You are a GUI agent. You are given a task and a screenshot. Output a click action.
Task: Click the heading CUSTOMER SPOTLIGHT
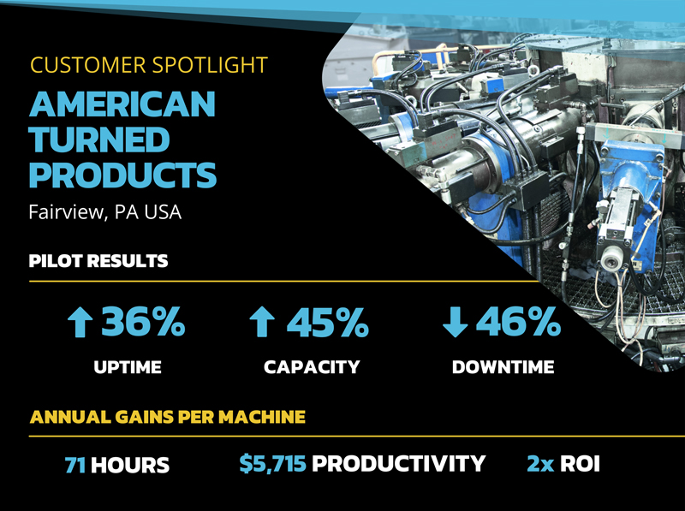coord(148,64)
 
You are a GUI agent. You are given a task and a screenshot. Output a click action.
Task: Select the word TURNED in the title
coord(99,140)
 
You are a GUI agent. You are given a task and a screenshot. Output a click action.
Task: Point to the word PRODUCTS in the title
coord(122,175)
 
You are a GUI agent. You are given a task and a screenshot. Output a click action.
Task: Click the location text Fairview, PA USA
coord(105,211)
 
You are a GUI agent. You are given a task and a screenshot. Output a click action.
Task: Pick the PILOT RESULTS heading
coord(98,260)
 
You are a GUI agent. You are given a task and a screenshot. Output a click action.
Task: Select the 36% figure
coord(143,323)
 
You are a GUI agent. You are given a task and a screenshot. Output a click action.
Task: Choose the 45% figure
coord(328,323)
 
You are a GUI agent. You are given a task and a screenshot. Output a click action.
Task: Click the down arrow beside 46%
coord(453,323)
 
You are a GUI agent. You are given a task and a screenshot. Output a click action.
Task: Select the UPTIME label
coord(127,368)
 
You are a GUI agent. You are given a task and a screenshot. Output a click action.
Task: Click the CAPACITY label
coord(312,368)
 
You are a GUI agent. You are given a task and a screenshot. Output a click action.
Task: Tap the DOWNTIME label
coord(503,368)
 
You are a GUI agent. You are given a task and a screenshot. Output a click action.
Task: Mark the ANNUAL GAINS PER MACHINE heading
coord(167,418)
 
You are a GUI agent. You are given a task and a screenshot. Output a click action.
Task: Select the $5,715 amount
coord(272,464)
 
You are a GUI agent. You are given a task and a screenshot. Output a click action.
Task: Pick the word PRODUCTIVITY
coord(398,464)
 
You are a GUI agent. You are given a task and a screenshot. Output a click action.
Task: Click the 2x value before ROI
coord(540,464)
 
